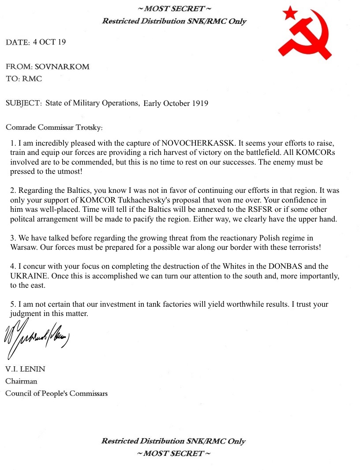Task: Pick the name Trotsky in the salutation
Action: (88, 128)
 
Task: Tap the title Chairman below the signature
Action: (21, 381)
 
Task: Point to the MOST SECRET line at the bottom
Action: (173, 453)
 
